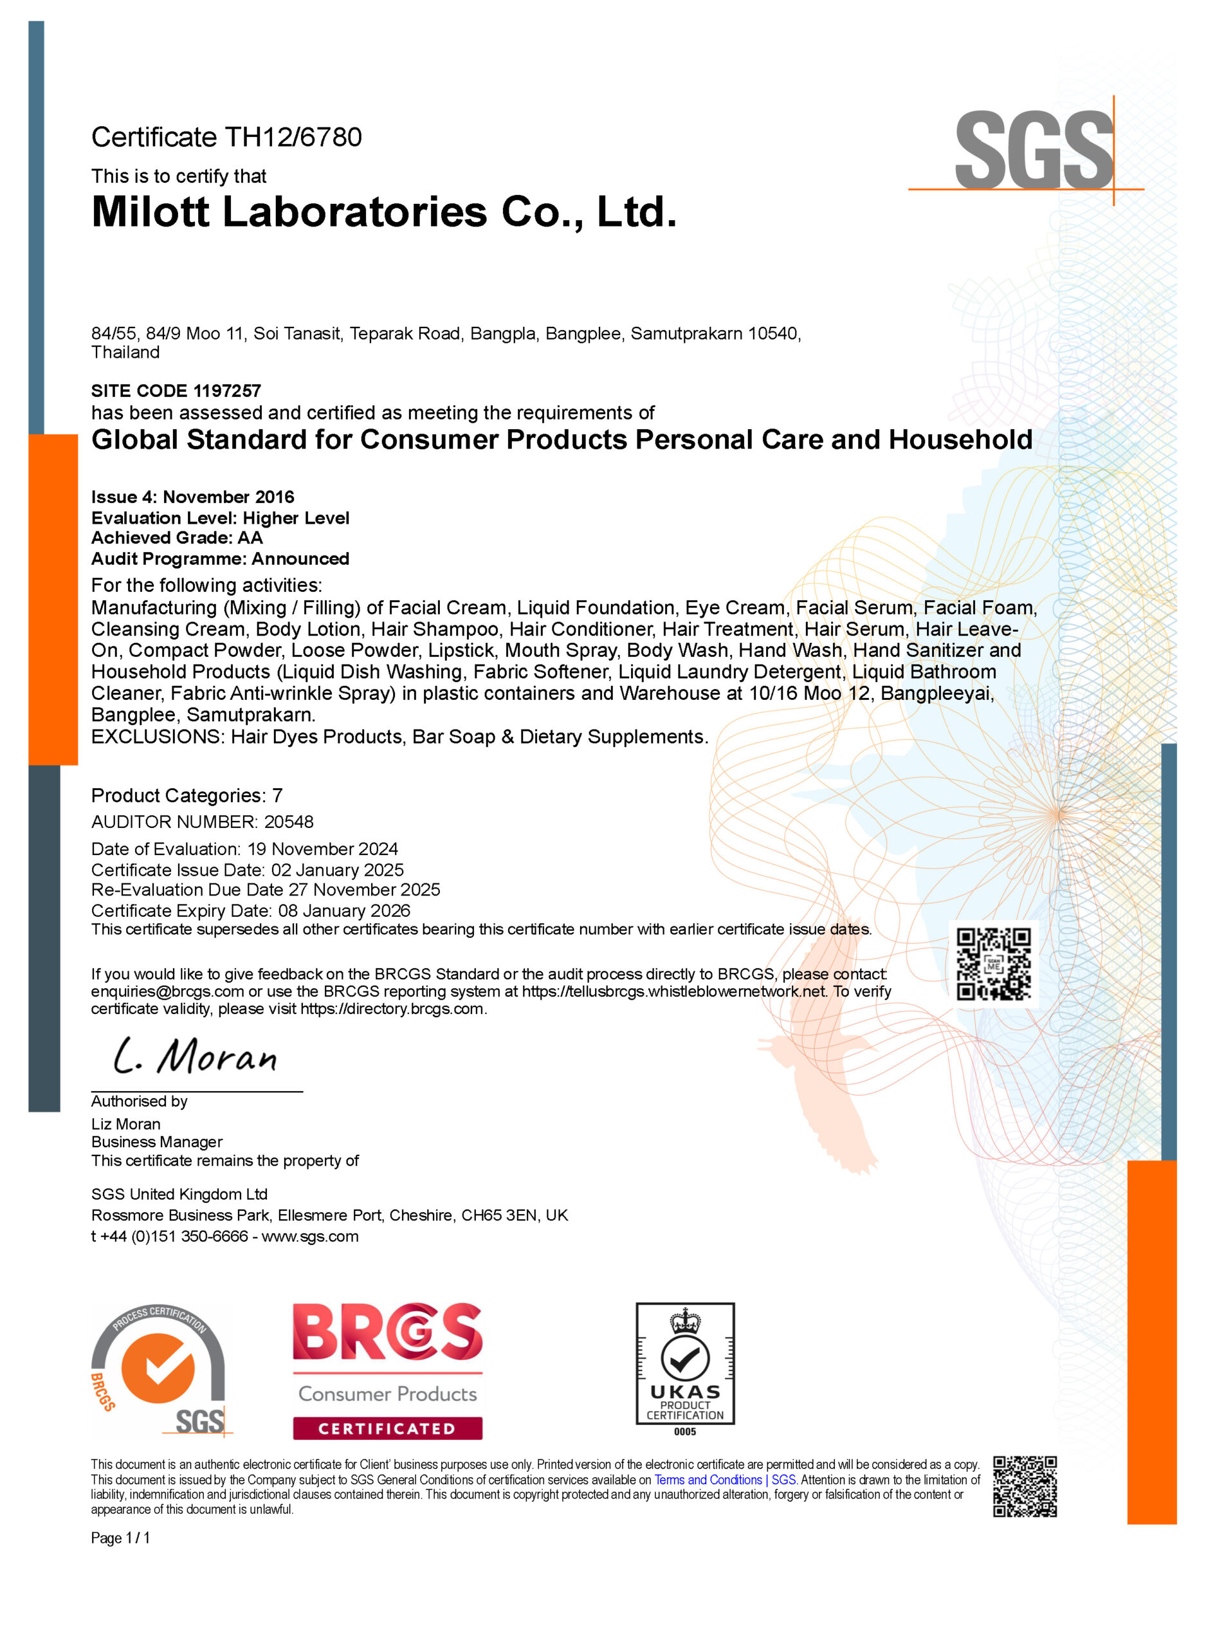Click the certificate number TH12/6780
tap(293, 137)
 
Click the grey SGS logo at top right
tap(1033, 150)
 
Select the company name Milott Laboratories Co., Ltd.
tap(384, 212)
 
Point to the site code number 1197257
tap(227, 391)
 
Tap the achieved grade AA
tap(250, 538)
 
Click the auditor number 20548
tap(288, 822)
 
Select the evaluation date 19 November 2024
tap(323, 849)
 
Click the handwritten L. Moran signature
tap(196, 1056)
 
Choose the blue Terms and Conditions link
tap(708, 1480)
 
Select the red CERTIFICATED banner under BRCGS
tap(387, 1429)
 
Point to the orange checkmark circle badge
tap(158, 1368)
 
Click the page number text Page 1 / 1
tap(120, 1538)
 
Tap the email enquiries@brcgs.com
tap(167, 991)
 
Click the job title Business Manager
tap(157, 1142)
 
